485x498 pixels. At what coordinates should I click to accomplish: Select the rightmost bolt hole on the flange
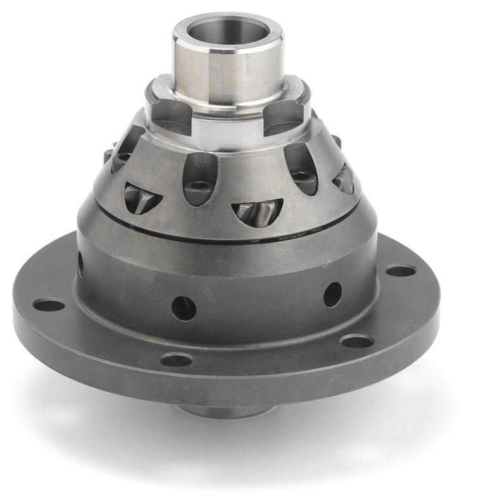pyautogui.click(x=401, y=271)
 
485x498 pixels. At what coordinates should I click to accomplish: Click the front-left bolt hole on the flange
pyautogui.click(x=176, y=360)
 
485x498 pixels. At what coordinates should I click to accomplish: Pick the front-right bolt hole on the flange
pyautogui.click(x=357, y=341)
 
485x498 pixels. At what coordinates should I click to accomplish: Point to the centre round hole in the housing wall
pyautogui.click(x=184, y=308)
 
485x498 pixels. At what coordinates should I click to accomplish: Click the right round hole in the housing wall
pyautogui.click(x=332, y=294)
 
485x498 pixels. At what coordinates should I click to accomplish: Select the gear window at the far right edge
pyautogui.click(x=344, y=179)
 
